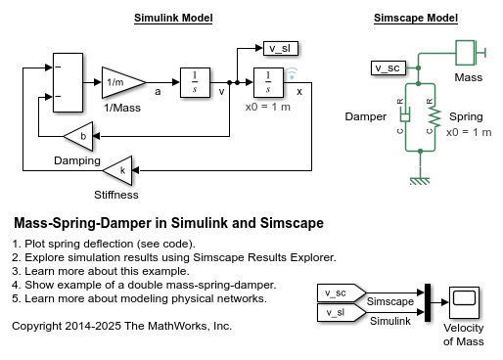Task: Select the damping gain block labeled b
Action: click(82, 136)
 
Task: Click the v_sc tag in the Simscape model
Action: click(389, 67)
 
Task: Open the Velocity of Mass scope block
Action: click(463, 301)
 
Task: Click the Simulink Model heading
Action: click(173, 19)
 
